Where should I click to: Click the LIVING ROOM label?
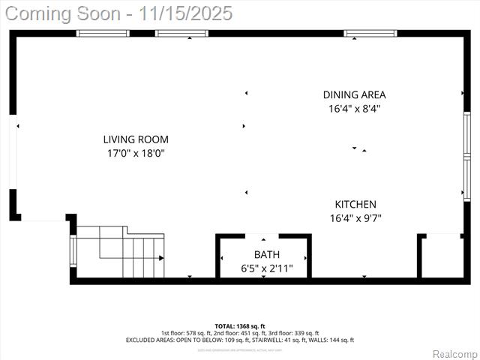coord(135,139)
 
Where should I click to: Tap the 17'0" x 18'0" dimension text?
coord(135,153)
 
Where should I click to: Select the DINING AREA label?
coord(354,94)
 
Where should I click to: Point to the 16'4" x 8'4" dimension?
coord(354,108)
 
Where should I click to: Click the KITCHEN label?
coord(355,204)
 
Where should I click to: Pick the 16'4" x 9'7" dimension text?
coord(355,218)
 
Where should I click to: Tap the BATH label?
coord(266,254)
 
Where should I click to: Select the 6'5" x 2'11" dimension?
coord(266,268)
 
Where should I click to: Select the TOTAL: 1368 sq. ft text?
coord(239,325)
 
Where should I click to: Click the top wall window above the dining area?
coord(370,33)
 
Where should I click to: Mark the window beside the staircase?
coord(73,251)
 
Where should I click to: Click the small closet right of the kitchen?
coord(442,257)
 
